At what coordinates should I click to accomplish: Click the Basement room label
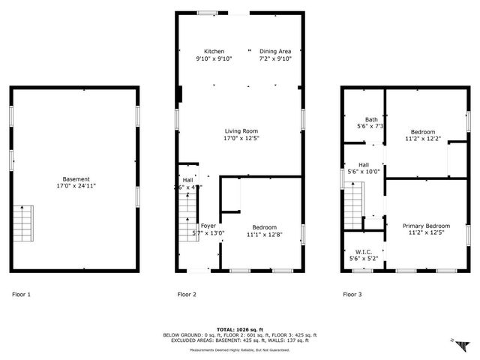(x=76, y=178)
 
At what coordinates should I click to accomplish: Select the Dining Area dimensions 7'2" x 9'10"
(x=275, y=58)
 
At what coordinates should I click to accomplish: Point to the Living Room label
(x=241, y=130)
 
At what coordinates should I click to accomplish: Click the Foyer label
(x=208, y=226)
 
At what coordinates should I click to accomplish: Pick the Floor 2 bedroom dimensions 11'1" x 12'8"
(x=264, y=235)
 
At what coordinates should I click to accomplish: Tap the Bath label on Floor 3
(x=371, y=119)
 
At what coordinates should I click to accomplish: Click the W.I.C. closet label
(x=363, y=251)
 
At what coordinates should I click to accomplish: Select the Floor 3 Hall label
(x=364, y=164)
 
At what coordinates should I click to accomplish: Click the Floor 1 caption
(x=21, y=295)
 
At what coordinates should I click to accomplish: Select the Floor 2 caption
(x=187, y=295)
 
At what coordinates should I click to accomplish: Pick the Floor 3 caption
(x=352, y=295)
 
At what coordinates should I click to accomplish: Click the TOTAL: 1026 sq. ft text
(x=240, y=329)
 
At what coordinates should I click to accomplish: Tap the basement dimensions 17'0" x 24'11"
(x=76, y=186)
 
